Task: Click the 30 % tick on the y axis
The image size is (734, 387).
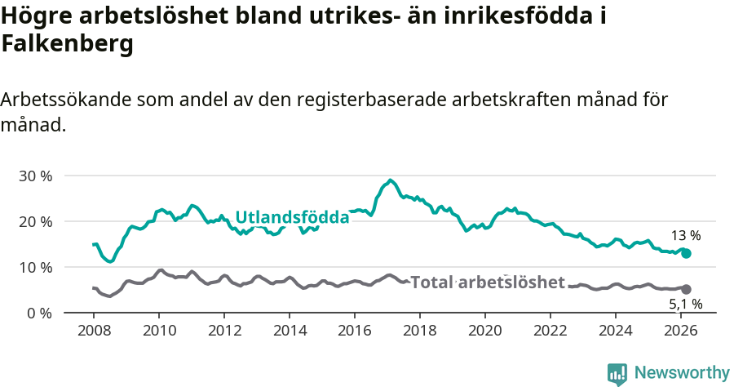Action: coord(35,176)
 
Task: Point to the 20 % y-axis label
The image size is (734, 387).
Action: coord(35,221)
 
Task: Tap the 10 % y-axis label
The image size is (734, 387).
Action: coord(35,267)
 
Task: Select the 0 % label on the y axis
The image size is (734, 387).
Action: coord(39,313)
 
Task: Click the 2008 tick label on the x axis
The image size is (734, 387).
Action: coord(94,330)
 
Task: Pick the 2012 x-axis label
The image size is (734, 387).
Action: coord(224,330)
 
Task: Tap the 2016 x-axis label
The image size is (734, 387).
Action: coord(355,330)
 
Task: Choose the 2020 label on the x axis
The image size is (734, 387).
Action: coord(485,330)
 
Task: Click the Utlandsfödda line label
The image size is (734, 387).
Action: coord(292,217)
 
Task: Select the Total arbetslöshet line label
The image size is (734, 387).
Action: coord(487,282)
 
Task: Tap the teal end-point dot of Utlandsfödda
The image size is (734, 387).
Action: coord(687,254)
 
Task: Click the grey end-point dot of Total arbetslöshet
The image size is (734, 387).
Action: coord(687,289)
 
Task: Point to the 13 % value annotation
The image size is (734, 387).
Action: coord(685,236)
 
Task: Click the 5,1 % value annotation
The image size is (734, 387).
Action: coord(685,305)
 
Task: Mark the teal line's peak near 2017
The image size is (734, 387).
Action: coord(391,180)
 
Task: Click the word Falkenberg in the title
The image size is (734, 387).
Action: coord(67,45)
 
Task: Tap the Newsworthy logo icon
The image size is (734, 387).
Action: coord(617,373)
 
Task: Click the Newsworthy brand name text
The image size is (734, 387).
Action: coord(682,373)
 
